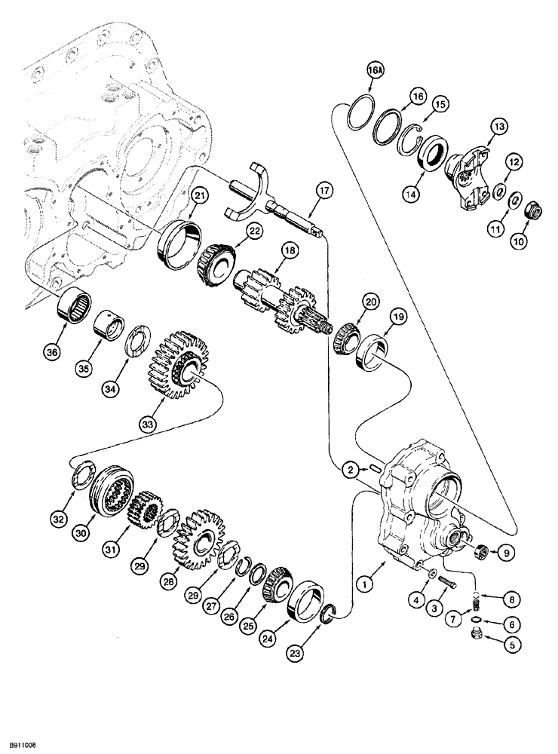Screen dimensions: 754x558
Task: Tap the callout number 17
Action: click(323, 192)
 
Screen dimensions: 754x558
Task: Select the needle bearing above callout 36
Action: click(76, 307)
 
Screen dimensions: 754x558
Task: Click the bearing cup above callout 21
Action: click(179, 241)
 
